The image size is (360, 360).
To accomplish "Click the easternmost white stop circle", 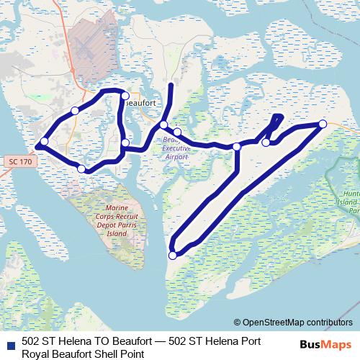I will coord(323,125).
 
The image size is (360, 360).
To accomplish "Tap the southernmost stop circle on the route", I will coord(173,255).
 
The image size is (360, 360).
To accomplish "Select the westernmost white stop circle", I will coord(45,141).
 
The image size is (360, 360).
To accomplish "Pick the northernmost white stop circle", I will coord(125,96).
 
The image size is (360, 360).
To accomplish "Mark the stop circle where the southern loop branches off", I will coord(236,147).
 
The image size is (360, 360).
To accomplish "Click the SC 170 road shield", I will coord(22,163).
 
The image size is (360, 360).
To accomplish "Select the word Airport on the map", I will coord(176,156).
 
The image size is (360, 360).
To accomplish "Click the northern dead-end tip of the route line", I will coord(171,85).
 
